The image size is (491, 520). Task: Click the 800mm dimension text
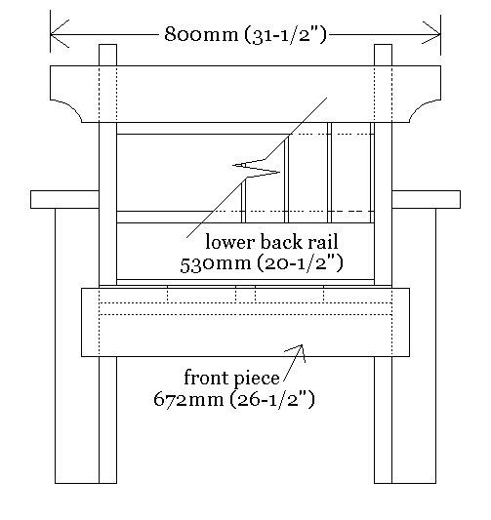pyautogui.click(x=246, y=34)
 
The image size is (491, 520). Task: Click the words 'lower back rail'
pyautogui.click(x=271, y=242)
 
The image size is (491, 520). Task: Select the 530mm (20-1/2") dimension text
pyautogui.click(x=262, y=263)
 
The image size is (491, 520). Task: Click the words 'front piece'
pyautogui.click(x=231, y=379)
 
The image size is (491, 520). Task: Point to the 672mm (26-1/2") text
pyautogui.click(x=234, y=399)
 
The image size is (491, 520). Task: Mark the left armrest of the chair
pyautogui.click(x=64, y=200)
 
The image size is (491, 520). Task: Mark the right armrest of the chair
pyautogui.click(x=426, y=200)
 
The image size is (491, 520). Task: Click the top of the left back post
pyautogui.click(x=107, y=45)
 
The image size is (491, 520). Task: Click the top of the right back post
pyautogui.click(x=384, y=45)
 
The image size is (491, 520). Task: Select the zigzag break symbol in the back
pyautogui.click(x=256, y=168)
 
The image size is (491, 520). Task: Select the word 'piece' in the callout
pyautogui.click(x=256, y=379)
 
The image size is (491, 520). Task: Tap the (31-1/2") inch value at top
pyautogui.click(x=286, y=34)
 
